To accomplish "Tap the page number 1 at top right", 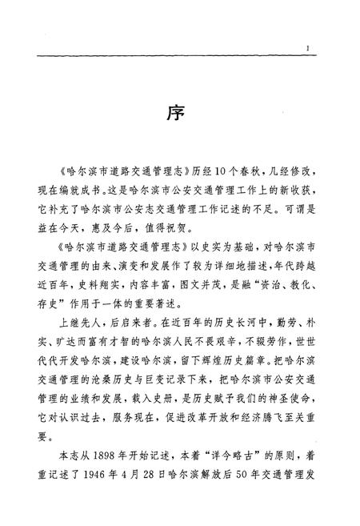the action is [307, 49].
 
